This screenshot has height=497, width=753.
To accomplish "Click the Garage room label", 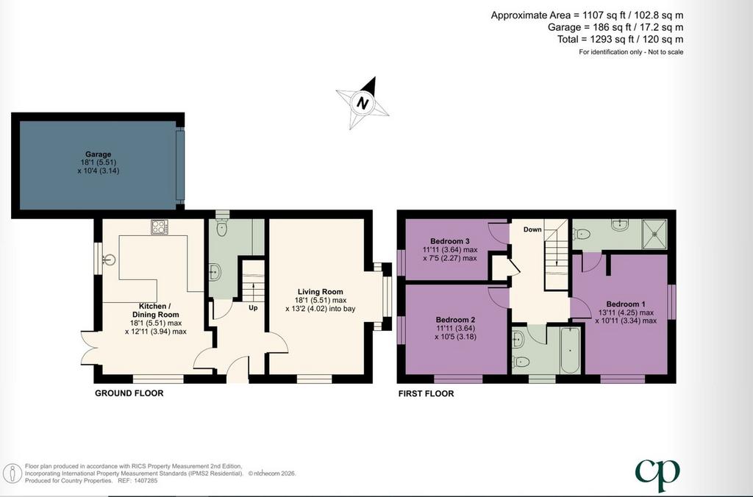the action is click(99, 154).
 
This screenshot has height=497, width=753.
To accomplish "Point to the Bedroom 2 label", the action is click(456, 320).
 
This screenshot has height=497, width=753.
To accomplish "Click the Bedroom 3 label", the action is click(450, 241).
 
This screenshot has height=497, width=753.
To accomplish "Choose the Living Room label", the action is click(321, 291).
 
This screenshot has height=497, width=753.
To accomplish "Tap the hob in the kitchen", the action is click(159, 226).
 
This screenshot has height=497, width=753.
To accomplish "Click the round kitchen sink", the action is click(109, 260).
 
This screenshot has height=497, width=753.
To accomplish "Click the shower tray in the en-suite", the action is click(654, 235).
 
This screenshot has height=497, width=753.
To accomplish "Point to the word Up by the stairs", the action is click(253, 308).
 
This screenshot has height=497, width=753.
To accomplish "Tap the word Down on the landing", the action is click(532, 229).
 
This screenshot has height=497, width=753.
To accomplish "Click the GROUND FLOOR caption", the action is click(129, 393).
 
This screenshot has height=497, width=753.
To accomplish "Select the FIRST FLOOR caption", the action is click(426, 394).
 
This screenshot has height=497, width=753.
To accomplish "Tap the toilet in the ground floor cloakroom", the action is click(221, 228).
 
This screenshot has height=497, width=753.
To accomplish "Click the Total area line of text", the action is click(620, 40).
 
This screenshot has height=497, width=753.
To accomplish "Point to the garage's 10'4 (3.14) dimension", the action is click(99, 171).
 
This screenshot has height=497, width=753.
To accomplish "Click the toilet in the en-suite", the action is click(582, 235).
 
